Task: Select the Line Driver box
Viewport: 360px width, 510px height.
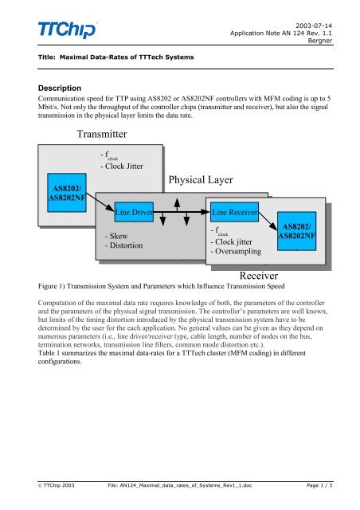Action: (134, 213)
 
